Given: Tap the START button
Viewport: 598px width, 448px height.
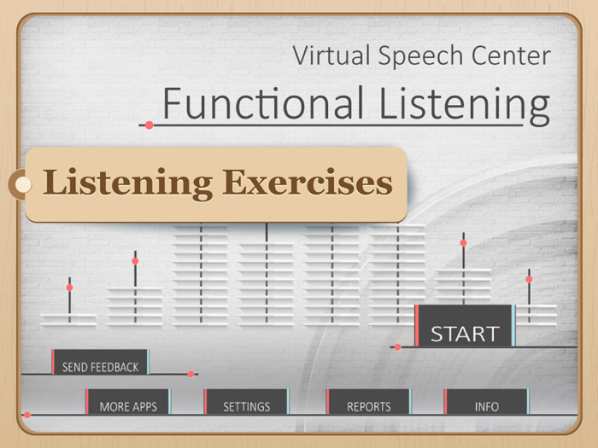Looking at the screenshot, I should point(464,333).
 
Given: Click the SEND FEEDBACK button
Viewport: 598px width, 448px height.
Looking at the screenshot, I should point(100,367).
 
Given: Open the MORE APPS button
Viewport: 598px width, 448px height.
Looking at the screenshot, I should point(127,406).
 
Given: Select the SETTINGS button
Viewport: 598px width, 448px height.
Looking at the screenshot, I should point(246,406).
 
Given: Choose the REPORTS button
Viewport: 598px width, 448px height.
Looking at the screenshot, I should point(368,406).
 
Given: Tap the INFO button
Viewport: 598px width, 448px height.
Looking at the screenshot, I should point(486,406).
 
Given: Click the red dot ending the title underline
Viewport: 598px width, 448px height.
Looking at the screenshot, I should point(149,125).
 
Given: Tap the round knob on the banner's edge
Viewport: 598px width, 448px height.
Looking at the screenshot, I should point(23,183).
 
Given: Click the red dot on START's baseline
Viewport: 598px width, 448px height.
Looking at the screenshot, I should point(397,347).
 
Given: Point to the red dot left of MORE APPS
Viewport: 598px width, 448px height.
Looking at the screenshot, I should point(27,415).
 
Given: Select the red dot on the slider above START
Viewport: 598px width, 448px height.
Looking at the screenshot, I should point(464,243).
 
